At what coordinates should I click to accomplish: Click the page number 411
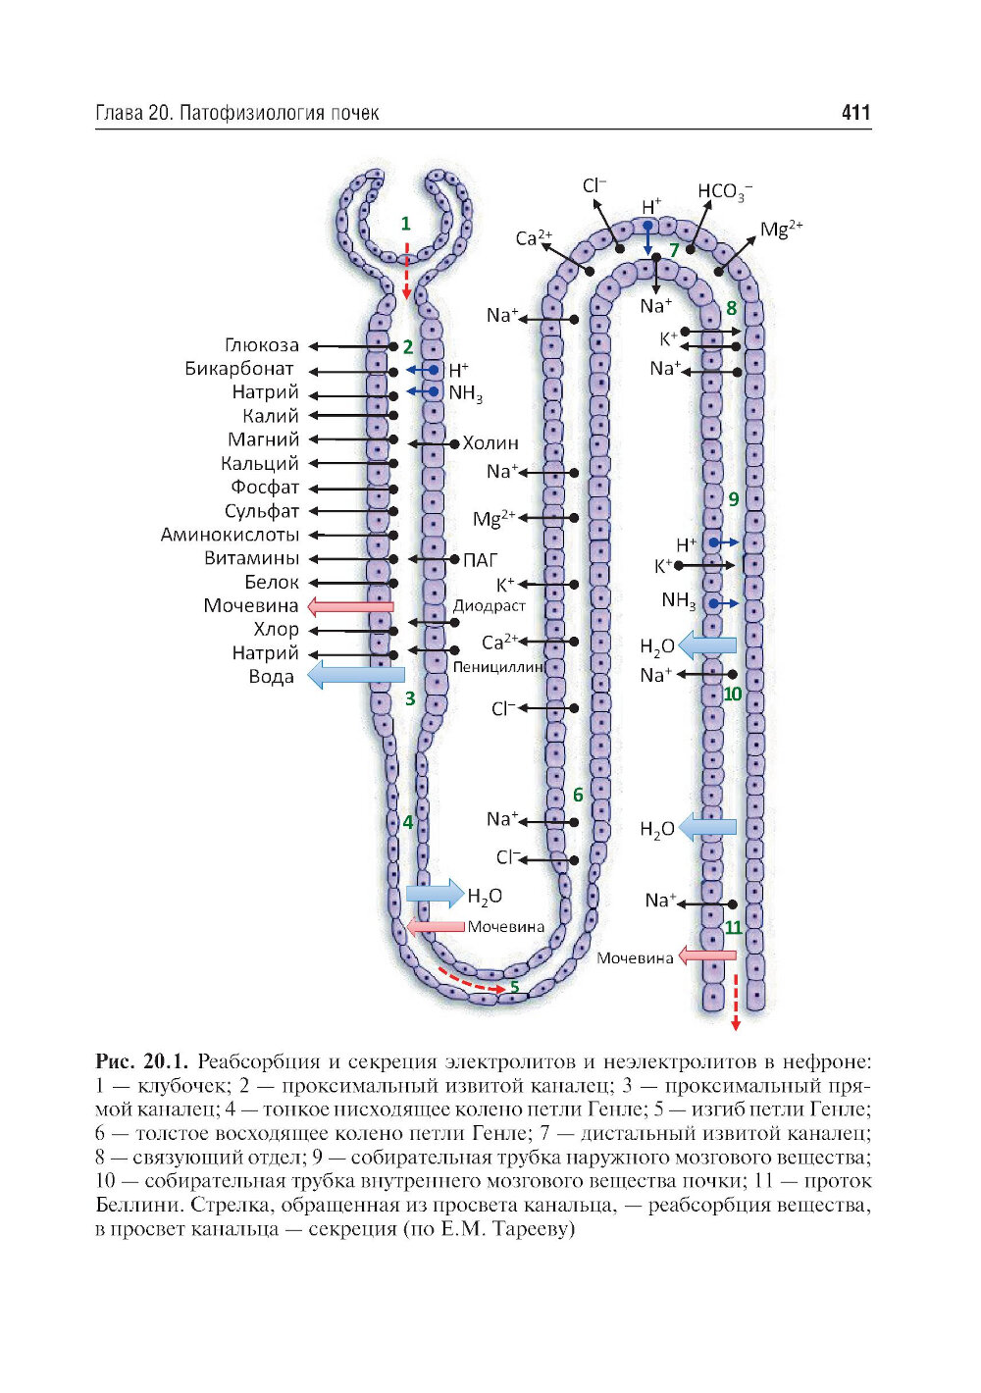pos(855,112)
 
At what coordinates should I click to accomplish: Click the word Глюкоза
pos(262,345)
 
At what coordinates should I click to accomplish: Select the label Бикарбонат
pos(239,369)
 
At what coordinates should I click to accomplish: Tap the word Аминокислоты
pos(230,535)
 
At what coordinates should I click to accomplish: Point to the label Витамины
pos(251,558)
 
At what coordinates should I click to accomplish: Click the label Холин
pos(490,443)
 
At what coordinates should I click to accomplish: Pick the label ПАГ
pos(480,559)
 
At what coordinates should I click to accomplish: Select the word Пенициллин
pos(498,666)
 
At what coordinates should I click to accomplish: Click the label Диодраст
pos(489,605)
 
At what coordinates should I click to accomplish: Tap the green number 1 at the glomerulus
pos(405,224)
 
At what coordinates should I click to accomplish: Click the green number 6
pos(578,795)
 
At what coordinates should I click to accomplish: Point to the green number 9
pos(734,499)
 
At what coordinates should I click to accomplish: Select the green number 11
pos(733,927)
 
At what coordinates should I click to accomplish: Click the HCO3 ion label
pos(725,190)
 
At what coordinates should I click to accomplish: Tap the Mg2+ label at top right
pos(782,230)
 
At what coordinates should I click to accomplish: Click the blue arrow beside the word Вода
pos(356,675)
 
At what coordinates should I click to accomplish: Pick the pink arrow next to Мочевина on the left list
pos(350,606)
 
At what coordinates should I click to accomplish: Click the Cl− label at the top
pos(594,185)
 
